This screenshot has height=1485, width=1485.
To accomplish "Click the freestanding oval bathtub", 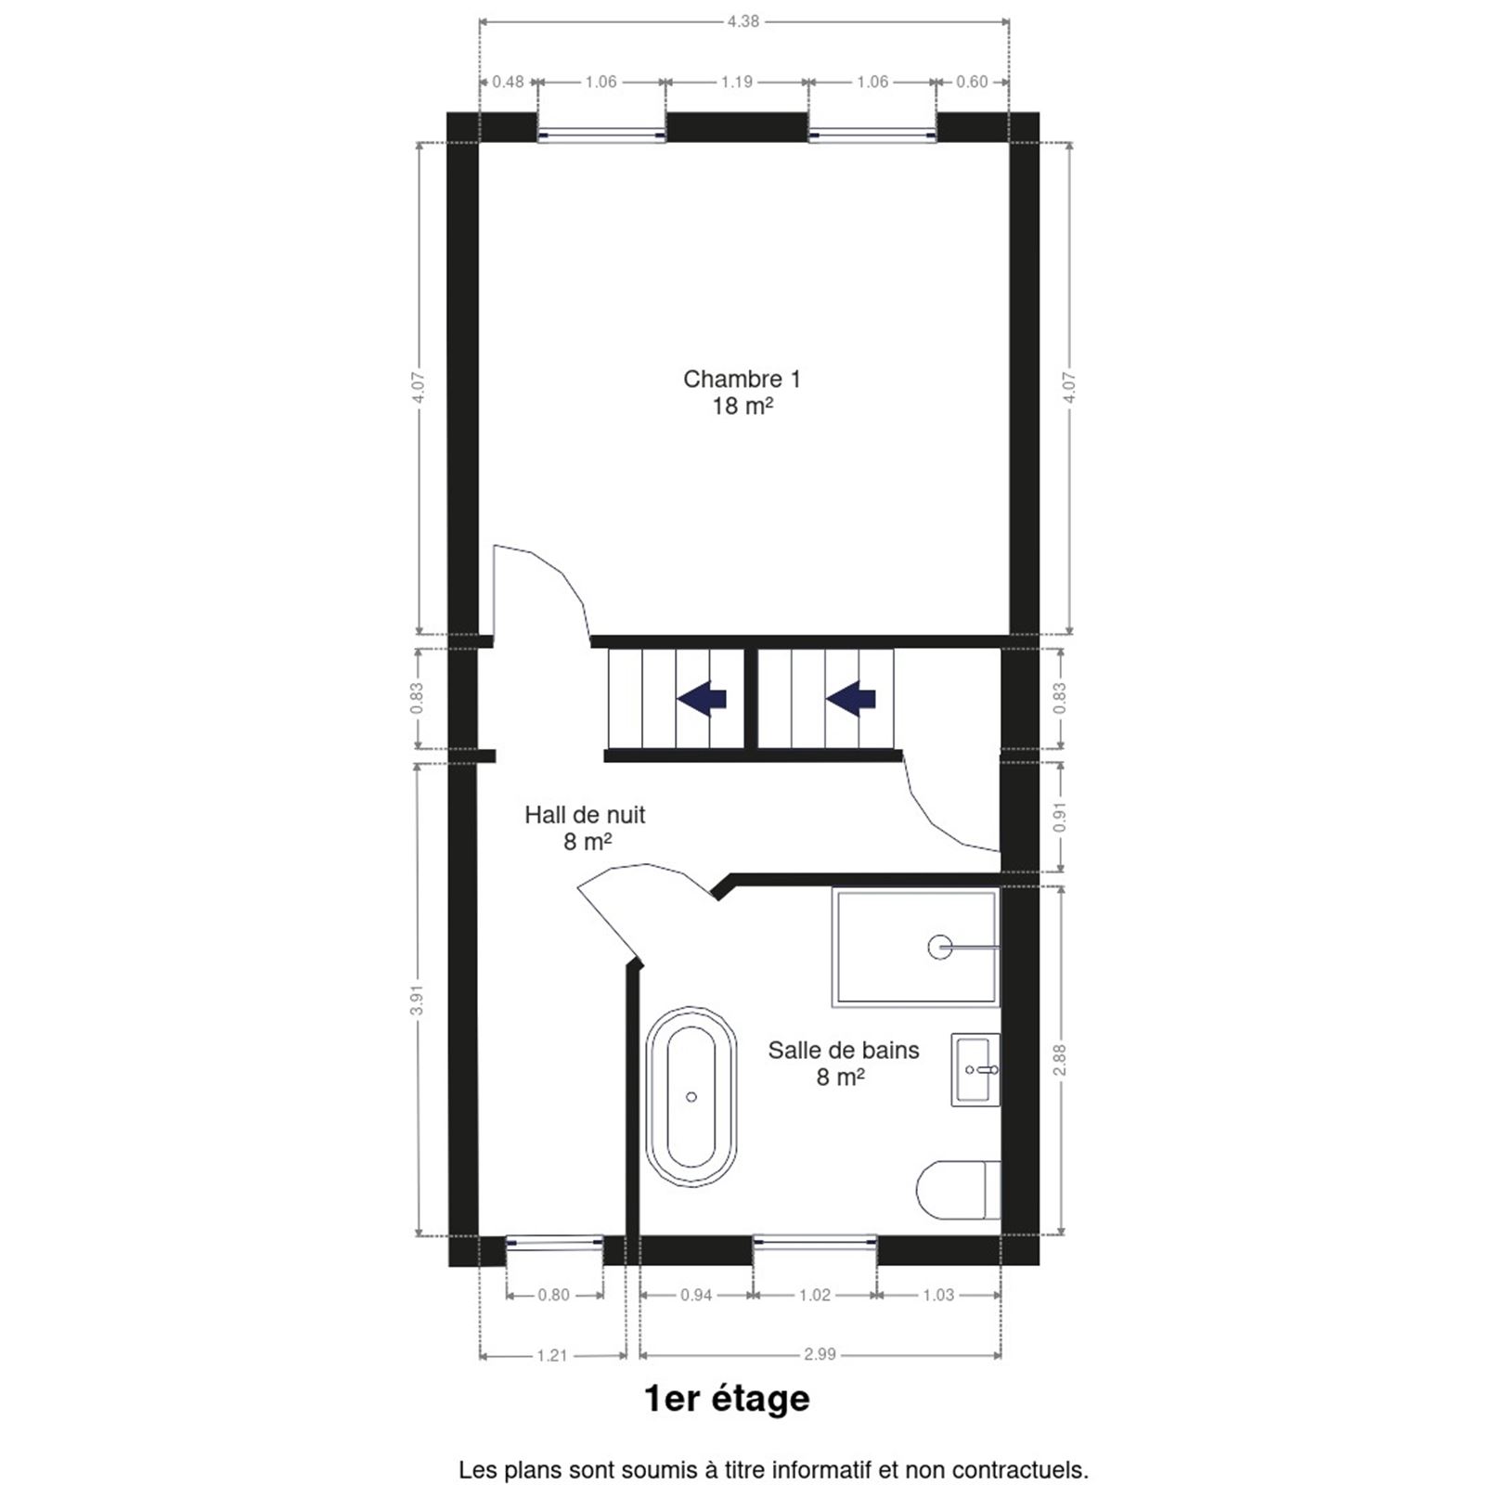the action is [x=691, y=1096].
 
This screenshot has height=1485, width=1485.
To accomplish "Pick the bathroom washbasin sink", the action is [x=975, y=1069].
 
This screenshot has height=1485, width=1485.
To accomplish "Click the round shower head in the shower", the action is [x=940, y=947].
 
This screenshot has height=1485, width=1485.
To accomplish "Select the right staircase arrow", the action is [x=851, y=698].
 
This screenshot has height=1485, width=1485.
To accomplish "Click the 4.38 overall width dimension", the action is [x=743, y=20].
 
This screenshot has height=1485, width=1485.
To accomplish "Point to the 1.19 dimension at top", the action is [x=737, y=82].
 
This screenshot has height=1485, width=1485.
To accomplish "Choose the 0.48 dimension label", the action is [x=508, y=82].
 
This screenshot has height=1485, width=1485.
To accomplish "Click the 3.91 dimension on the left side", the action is [x=417, y=999].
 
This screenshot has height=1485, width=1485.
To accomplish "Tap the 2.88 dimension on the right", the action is [x=1060, y=1060].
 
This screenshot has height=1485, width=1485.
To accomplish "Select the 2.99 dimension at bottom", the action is [x=820, y=1354].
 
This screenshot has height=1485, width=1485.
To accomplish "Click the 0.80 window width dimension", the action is [x=553, y=1295].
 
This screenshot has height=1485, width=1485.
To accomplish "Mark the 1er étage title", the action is [x=727, y=1399].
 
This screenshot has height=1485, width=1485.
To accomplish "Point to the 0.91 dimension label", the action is [x=1060, y=816].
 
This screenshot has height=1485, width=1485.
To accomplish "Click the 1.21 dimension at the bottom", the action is [x=551, y=1355].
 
